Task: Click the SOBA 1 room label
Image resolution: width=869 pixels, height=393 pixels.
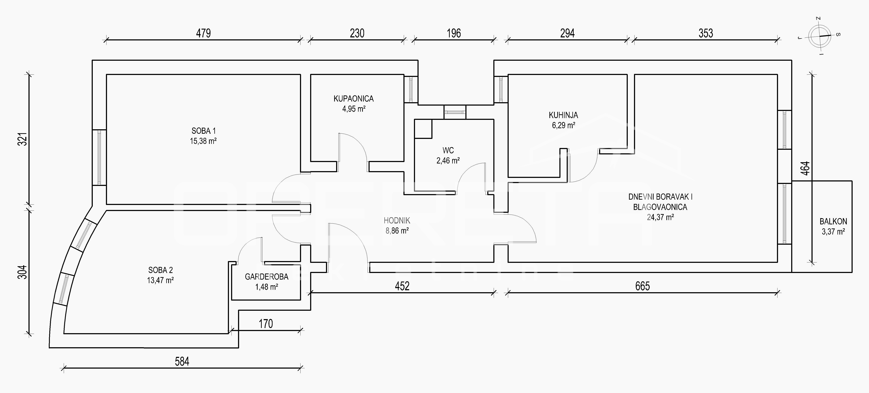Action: point(203,131)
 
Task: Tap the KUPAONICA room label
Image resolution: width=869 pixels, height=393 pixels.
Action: point(354,99)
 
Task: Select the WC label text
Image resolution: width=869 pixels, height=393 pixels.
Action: point(448,150)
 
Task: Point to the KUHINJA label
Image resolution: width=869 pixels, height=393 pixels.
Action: point(563,115)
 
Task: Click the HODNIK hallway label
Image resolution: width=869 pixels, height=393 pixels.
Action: point(397,221)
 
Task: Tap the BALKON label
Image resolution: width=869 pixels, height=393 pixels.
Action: point(833,222)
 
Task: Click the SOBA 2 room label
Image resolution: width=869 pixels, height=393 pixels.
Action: point(161,270)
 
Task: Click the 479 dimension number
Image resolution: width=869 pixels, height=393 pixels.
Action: point(203,33)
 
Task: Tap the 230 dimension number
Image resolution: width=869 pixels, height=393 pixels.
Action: point(357,33)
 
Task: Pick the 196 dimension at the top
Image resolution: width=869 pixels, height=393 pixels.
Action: point(454,33)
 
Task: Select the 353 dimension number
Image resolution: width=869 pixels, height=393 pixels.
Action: point(706,33)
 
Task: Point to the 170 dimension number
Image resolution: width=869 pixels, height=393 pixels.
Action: point(266,324)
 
